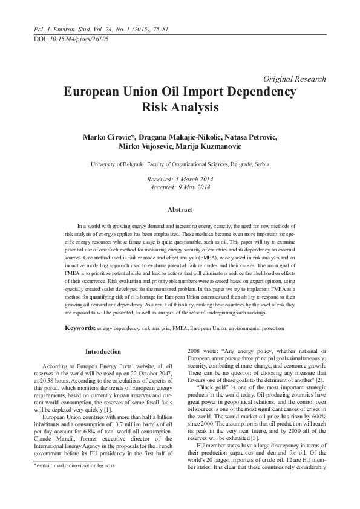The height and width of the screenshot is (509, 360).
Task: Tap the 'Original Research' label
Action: coord(295,79)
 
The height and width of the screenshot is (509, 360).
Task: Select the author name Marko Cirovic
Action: coord(107,138)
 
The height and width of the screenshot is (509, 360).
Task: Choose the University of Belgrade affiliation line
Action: coord(180,164)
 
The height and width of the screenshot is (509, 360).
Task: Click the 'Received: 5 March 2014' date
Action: coord(180,180)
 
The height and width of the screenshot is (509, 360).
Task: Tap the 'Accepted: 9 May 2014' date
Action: coord(180,187)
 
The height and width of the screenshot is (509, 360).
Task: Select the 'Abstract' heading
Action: coord(180,210)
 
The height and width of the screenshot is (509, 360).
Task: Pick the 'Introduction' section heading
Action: coord(103,351)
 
